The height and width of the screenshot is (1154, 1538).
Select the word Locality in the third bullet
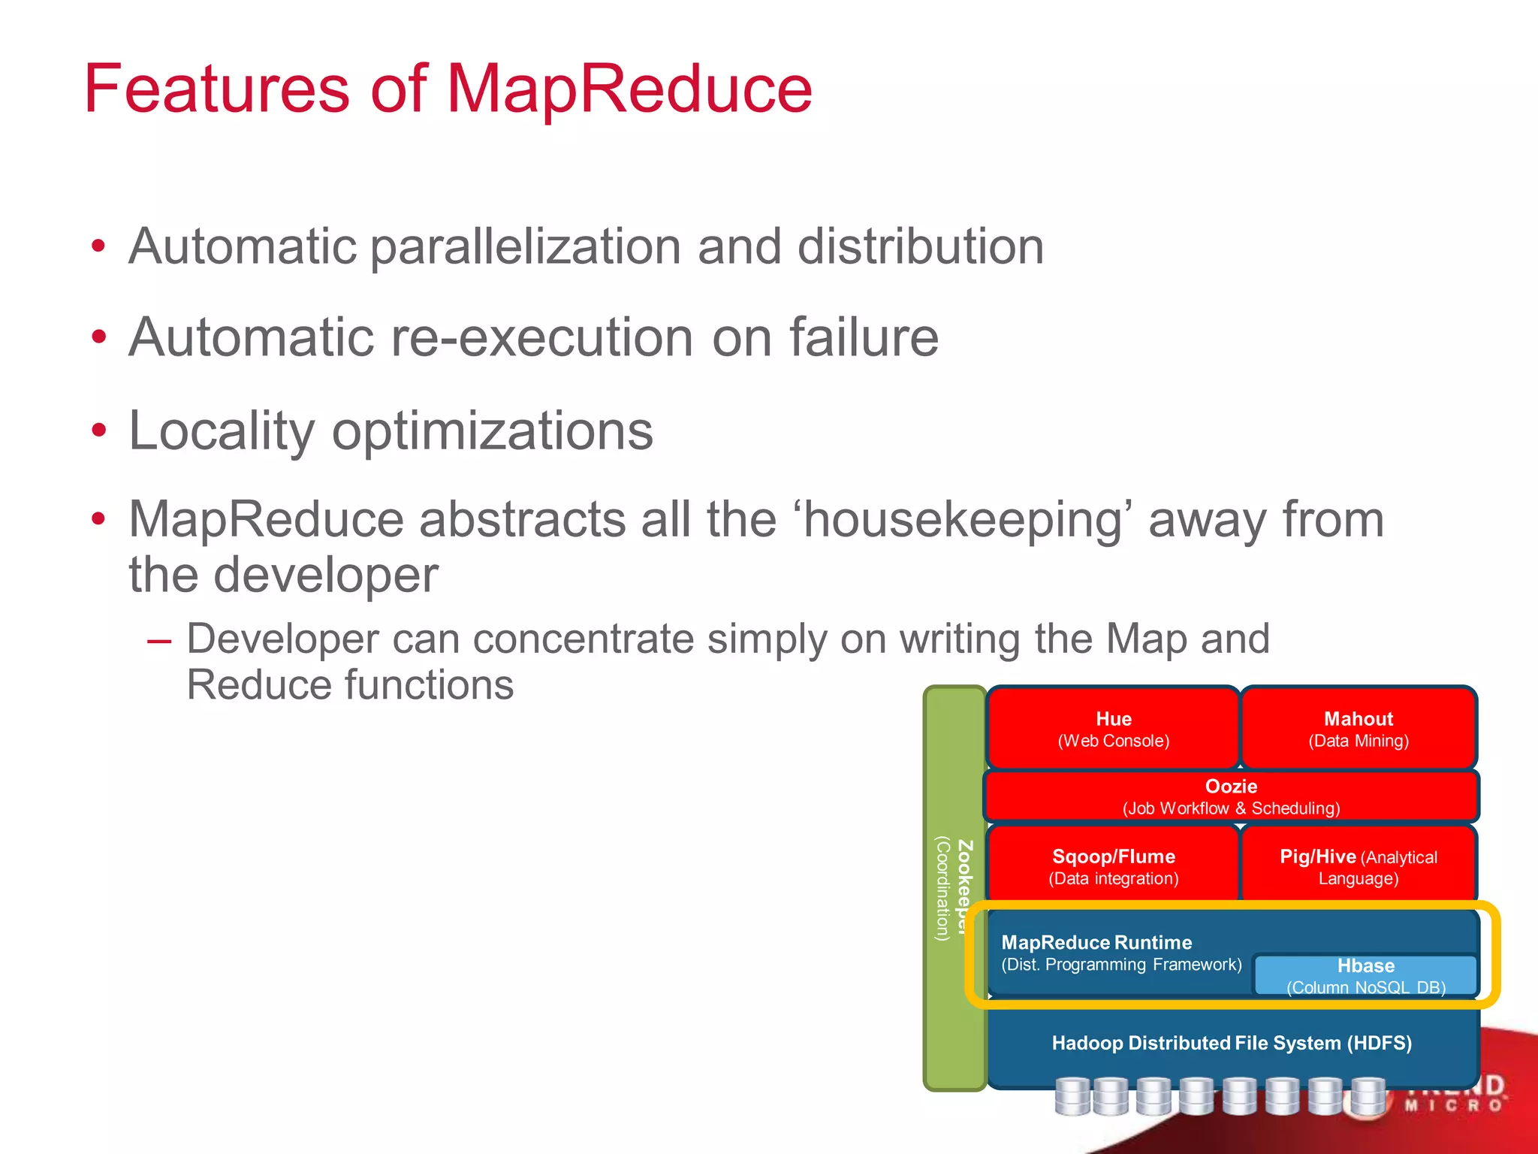[222, 431]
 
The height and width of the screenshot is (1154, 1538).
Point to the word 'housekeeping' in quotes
[962, 520]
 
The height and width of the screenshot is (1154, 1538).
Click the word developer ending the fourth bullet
[326, 575]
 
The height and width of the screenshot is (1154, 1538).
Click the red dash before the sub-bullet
[159, 642]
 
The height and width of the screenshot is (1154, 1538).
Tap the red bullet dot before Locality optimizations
[98, 430]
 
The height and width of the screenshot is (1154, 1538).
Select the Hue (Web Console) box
[1113, 728]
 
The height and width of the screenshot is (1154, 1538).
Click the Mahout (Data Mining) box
[1358, 728]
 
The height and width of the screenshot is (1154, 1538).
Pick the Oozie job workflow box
[1231, 796]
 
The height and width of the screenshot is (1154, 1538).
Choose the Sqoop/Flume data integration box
[1113, 865]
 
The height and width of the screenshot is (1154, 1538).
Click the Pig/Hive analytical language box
[1358, 865]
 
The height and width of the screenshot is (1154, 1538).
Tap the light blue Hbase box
[1365, 974]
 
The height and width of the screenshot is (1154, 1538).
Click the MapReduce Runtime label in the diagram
[1096, 943]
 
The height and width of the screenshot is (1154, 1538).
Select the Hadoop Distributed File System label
[1231, 1043]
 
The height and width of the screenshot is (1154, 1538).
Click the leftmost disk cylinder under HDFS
[1072, 1097]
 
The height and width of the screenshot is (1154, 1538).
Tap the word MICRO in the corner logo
[1453, 1106]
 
